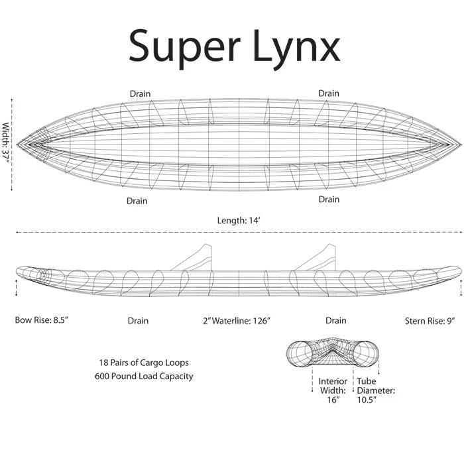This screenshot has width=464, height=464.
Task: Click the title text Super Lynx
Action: [x=235, y=48]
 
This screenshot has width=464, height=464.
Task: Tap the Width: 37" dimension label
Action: [x=5, y=143]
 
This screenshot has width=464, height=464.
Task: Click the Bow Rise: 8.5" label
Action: [x=42, y=320]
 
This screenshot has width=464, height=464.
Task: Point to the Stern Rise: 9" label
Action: [x=430, y=321]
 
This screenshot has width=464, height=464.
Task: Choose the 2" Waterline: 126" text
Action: [x=237, y=321]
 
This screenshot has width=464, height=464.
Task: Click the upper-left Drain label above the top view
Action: [x=140, y=94]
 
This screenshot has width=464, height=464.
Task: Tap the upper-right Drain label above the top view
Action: [x=329, y=93]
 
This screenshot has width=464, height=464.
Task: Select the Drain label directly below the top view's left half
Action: [x=137, y=201]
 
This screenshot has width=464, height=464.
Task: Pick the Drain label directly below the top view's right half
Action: [x=329, y=199]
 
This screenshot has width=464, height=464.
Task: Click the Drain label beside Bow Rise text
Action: [x=138, y=321]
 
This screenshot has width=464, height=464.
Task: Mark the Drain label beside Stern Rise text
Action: [x=336, y=320]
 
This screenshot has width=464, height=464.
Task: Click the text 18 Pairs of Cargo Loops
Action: [x=144, y=363]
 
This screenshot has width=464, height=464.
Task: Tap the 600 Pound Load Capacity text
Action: [x=144, y=376]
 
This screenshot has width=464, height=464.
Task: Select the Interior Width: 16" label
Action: [x=333, y=390]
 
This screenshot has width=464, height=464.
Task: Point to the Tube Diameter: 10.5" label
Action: [x=376, y=390]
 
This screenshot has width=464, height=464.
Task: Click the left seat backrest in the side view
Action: [x=192, y=257]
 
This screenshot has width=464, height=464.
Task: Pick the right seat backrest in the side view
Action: [x=316, y=257]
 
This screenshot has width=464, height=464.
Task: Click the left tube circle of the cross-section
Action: [x=300, y=354]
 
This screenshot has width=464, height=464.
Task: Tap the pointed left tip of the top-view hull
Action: [x=17, y=145]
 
